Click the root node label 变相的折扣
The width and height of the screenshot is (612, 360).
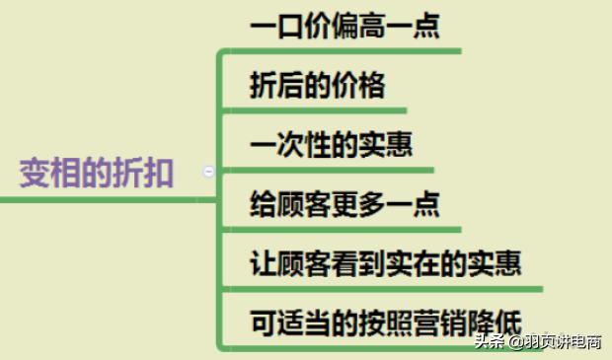(97, 175)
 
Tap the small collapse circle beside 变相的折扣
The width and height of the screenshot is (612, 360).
(208, 172)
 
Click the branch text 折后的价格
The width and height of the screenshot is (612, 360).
(316, 85)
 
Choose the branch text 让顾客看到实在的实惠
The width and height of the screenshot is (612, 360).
(385, 263)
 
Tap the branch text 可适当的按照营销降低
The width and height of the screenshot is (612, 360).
(385, 321)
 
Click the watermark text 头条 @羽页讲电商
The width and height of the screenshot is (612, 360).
(537, 343)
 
